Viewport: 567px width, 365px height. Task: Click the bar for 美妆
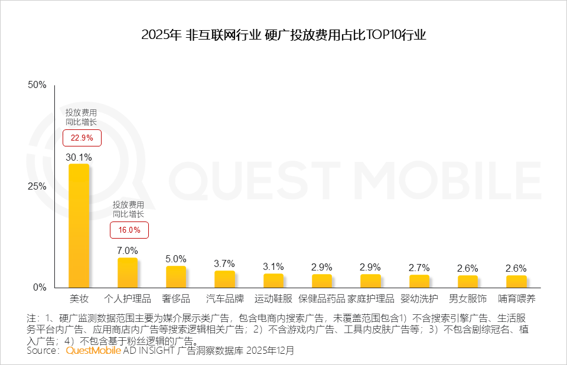pos(79,225)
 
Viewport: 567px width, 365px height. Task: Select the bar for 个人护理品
pos(128,272)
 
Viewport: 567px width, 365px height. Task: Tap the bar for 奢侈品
pos(176,276)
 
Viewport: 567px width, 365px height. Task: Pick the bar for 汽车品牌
pos(224,279)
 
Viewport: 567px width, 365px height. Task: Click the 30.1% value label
pos(79,157)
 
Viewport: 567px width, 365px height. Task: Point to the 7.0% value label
pos(128,250)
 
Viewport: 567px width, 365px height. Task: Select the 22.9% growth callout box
pos(82,138)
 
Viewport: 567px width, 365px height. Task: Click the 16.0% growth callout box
pos(129,230)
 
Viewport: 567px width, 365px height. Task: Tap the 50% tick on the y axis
pos(37,85)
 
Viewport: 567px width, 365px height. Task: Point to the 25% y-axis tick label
pos(37,186)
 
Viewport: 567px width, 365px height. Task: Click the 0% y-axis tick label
pos(40,287)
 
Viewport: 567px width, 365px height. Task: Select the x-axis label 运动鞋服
pos(273,298)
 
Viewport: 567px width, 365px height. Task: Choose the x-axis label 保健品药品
pos(322,298)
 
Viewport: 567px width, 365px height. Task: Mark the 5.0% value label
pos(176,259)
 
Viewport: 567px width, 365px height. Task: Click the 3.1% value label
pos(273,266)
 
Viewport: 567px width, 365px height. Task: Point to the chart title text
pos(283,35)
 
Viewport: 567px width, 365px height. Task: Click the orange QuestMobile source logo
pos(93,350)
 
